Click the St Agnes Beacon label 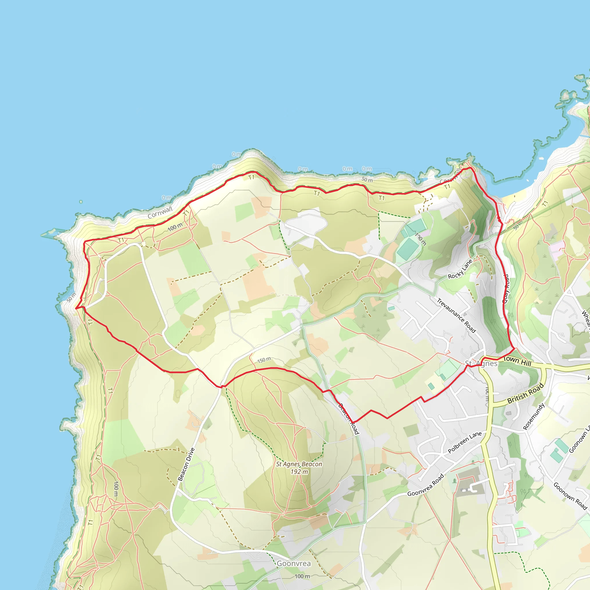299,464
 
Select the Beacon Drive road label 186,464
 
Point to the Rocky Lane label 460,269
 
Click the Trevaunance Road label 456,315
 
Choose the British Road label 525,393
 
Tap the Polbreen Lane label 464,442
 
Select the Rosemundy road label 534,416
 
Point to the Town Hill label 517,361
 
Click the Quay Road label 506,289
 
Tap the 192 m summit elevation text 299,472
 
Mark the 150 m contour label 264,360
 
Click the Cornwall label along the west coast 160,213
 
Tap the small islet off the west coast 81,202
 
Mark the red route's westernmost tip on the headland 76,309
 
